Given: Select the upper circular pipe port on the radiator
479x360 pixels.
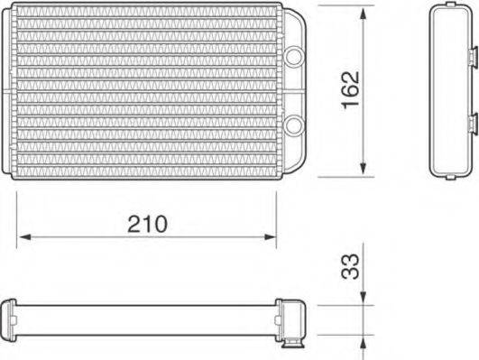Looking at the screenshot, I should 294,55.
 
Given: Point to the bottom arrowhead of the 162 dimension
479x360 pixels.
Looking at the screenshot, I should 362,169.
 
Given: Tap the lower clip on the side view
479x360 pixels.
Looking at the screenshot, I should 471,121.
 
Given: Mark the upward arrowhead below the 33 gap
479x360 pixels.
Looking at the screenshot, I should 362,337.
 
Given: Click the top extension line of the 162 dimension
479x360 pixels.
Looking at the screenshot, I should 343,6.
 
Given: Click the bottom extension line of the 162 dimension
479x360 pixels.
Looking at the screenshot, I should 343,175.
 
